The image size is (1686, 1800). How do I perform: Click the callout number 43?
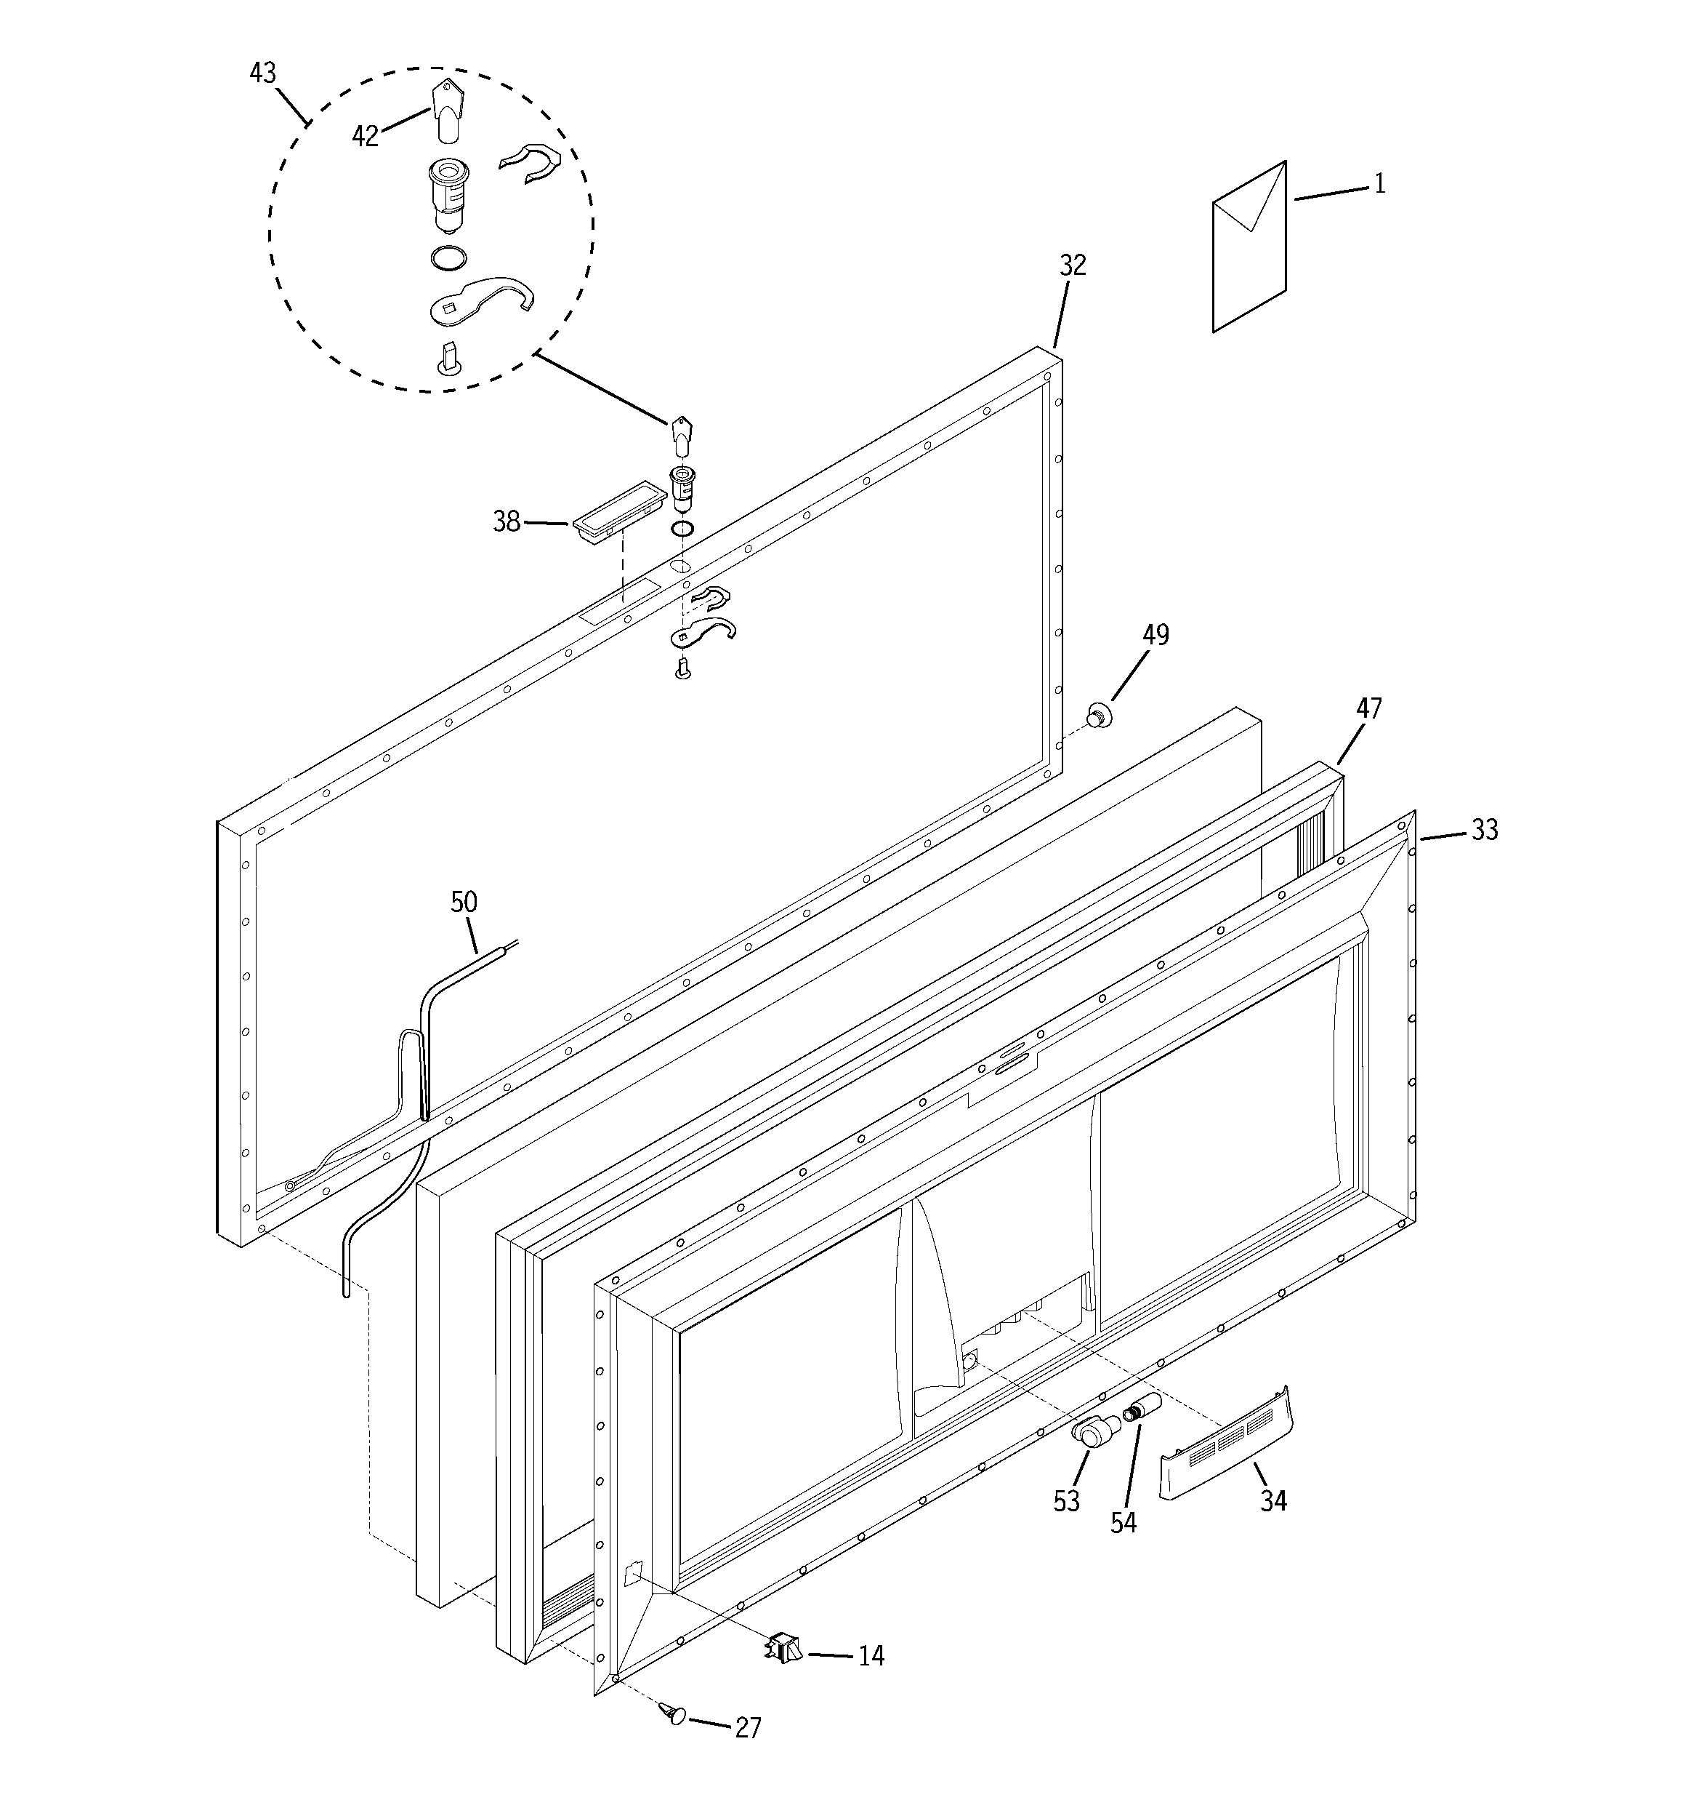click(262, 73)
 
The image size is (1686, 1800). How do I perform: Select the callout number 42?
click(365, 137)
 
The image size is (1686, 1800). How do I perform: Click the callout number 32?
click(1073, 265)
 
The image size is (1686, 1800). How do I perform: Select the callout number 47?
click(1368, 708)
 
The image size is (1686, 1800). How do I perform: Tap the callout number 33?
click(1484, 829)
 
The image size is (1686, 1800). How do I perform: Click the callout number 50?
click(464, 902)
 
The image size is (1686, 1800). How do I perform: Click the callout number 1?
click(1379, 184)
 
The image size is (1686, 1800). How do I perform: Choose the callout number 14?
click(871, 1656)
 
